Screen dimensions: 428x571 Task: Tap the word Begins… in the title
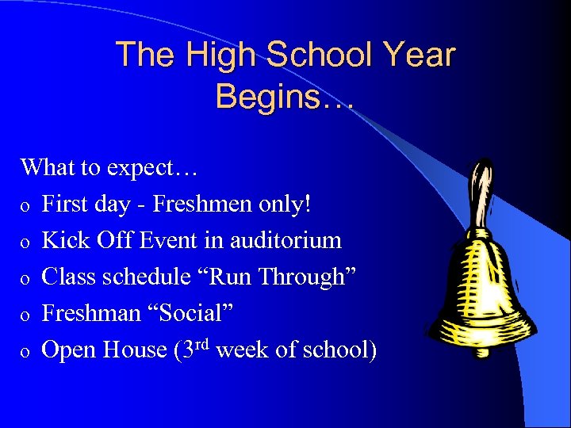point(285,96)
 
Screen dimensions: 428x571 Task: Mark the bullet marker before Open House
point(26,351)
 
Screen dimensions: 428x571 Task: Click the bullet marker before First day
point(26,206)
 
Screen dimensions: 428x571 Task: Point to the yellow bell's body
point(483,277)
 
